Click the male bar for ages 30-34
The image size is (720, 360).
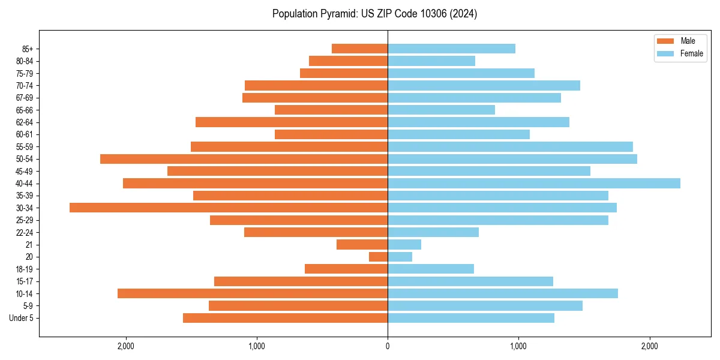[x=229, y=208]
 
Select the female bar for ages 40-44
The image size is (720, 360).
[x=534, y=183]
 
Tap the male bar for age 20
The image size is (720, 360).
[x=378, y=257]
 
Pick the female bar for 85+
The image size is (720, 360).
[x=451, y=49]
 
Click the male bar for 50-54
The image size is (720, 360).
[x=244, y=159]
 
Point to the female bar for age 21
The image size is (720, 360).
[x=404, y=244]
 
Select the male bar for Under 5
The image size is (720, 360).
[x=285, y=318]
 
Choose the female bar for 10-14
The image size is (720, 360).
[x=503, y=293]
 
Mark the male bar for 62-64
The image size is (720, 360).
[x=292, y=122]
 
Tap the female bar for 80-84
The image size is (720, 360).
[x=431, y=61]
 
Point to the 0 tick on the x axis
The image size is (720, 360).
[x=388, y=346]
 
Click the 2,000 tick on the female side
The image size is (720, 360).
[x=650, y=346]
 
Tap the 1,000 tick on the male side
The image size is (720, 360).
[x=257, y=346]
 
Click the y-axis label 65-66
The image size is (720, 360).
[x=25, y=110]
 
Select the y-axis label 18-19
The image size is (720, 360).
[x=25, y=269]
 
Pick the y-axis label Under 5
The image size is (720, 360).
[x=22, y=318]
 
